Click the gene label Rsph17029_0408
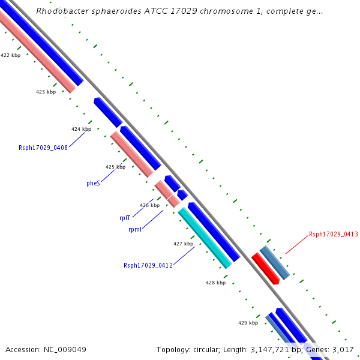point(43,148)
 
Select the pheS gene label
point(93,184)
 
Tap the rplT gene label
point(125,218)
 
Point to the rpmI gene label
point(135,229)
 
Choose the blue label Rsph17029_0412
point(148,265)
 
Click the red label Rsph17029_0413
point(333,234)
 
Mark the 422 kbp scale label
point(10,55)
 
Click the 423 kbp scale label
point(46,92)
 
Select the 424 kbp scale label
point(81,129)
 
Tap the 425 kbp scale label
point(115,167)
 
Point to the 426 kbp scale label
point(149,205)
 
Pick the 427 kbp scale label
point(183,244)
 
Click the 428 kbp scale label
point(215,283)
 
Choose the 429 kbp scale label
point(248,323)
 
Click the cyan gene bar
point(205,238)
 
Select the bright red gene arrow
point(265,268)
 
